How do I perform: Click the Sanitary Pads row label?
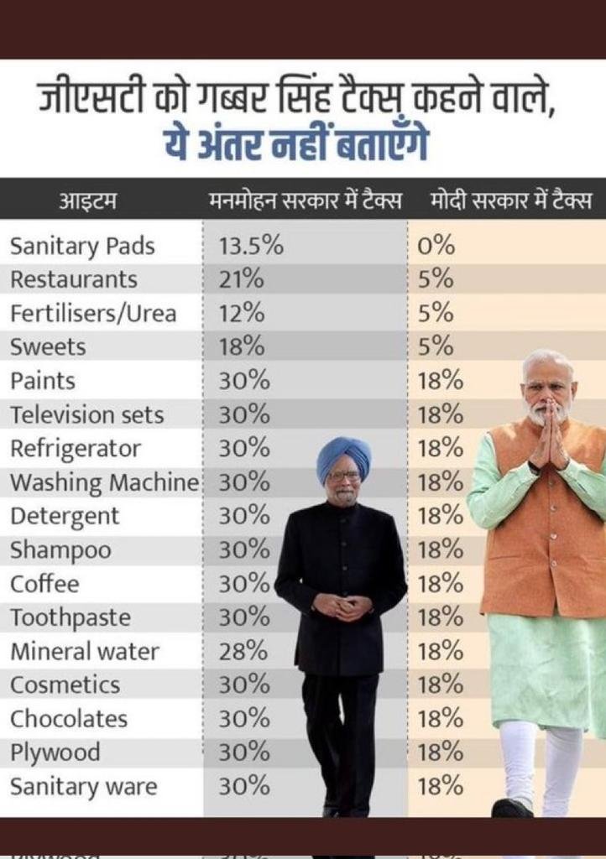82,246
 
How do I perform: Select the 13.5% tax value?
251,246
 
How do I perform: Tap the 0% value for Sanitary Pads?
436,246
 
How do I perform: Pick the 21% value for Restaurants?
237,279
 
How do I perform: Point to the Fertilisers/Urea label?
93,314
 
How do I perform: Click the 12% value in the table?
242,314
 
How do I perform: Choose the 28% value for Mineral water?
243,651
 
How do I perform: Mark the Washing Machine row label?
104,482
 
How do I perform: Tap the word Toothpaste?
71,617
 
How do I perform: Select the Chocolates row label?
69,719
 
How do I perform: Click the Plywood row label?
55,752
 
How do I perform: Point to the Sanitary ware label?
83,787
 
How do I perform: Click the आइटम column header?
87,201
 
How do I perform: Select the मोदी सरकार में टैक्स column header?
510,201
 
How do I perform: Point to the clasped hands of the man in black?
342,605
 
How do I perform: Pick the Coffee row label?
44,584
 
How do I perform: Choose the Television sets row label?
86,414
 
